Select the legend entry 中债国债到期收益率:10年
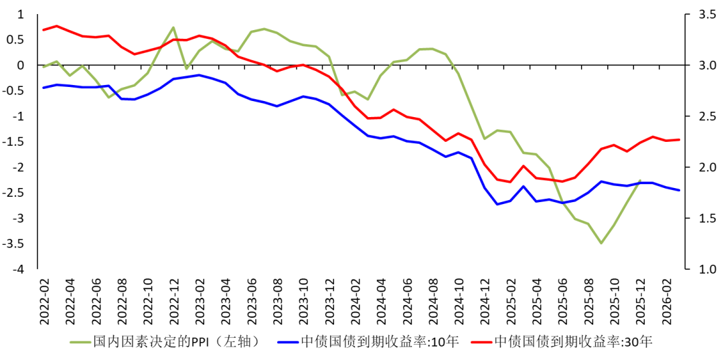pyautogui.click(x=380, y=342)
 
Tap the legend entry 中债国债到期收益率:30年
pyautogui.click(x=573, y=342)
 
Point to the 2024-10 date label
pyautogui.click(x=459, y=300)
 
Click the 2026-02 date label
pyautogui.click(x=667, y=300)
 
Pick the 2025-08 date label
pyautogui.click(x=589, y=300)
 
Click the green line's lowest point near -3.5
pyautogui.click(x=601, y=243)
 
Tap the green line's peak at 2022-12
pyautogui.click(x=173, y=27)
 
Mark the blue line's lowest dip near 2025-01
pyautogui.click(x=497, y=204)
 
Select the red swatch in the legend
pyautogui.click(x=481, y=342)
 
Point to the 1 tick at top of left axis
pyautogui.click(x=20, y=14)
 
